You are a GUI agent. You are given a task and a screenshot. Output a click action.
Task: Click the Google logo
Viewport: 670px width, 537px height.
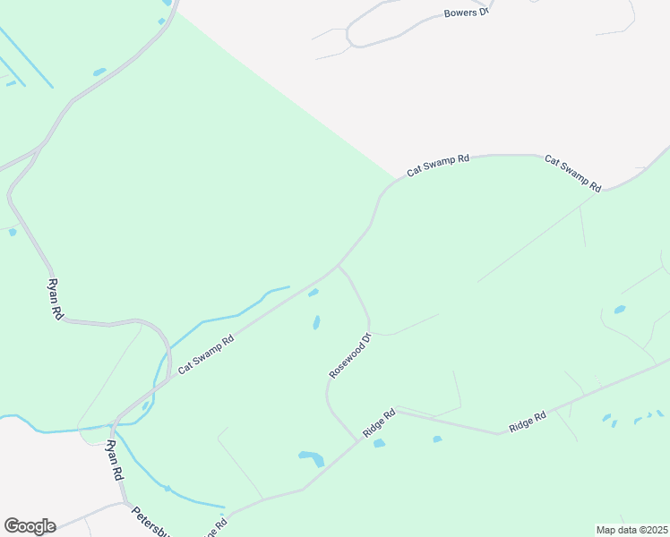pos(30,526)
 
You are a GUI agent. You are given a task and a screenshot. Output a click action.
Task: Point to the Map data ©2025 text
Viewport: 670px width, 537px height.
pos(631,529)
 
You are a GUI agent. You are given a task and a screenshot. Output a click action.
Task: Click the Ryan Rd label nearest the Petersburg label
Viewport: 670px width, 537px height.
pos(114,461)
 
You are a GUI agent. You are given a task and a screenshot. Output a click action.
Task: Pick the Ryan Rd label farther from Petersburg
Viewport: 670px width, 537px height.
pos(56,299)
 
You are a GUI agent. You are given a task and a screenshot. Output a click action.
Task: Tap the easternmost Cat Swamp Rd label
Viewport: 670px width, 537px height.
pos(572,173)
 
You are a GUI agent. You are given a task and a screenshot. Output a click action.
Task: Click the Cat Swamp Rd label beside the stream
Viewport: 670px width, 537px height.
pos(205,354)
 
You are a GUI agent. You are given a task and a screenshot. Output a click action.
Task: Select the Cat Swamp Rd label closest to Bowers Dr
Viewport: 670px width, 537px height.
pos(438,165)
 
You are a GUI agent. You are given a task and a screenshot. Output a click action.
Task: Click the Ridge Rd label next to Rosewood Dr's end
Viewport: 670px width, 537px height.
pos(379,423)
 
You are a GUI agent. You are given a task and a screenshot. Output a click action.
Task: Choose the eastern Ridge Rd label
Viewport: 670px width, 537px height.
pos(528,422)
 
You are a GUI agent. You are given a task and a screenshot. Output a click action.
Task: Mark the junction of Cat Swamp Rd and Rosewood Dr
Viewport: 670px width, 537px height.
pos(338,265)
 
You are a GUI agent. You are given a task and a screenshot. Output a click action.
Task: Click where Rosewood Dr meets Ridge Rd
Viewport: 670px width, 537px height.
pos(356,439)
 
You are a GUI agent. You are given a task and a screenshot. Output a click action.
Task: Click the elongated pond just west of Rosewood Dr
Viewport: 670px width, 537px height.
pos(316,322)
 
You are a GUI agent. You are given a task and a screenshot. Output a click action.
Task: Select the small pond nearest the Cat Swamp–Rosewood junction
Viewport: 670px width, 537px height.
pos(313,293)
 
